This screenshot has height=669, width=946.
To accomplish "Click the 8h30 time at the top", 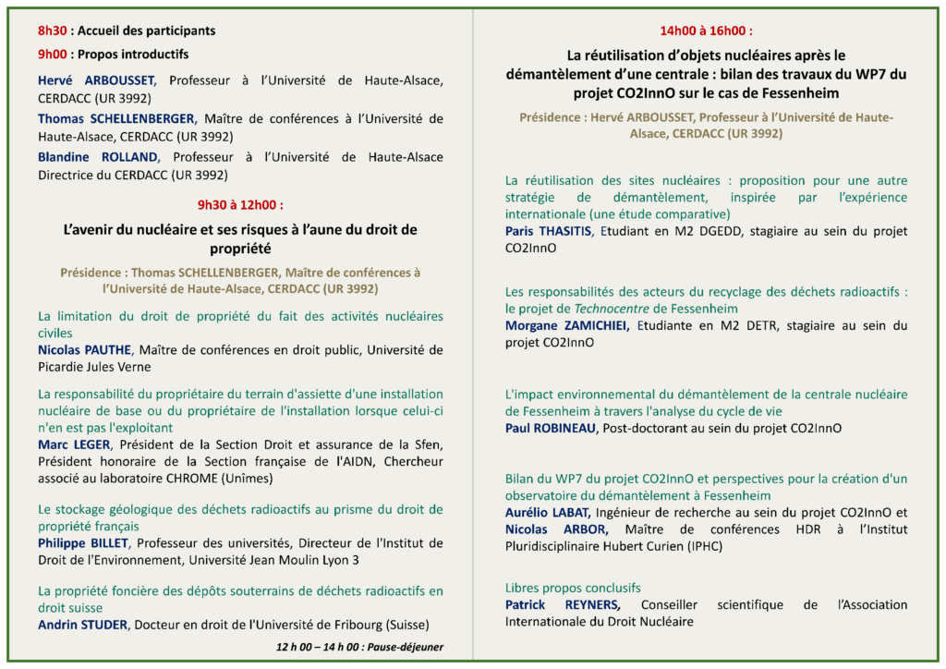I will tap(53, 30).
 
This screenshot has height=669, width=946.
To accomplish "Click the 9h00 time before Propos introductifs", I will tap(53, 55).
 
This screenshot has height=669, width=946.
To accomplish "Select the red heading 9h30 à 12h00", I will tap(240, 204).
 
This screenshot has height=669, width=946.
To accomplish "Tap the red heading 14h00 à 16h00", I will tap(706, 30).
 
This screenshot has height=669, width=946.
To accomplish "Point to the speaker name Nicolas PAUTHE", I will tap(82, 350).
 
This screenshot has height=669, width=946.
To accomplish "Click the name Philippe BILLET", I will tap(81, 542).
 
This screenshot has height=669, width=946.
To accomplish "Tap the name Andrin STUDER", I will tap(81, 624).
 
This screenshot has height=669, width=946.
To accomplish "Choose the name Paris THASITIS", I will tap(547, 231).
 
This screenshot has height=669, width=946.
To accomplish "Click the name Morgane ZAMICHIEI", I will tap(567, 325).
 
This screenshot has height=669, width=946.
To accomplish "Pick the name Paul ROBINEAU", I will tap(551, 428).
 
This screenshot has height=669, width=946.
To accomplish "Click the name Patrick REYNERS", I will tap(563, 605).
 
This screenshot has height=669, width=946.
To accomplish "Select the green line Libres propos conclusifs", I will tap(573, 588).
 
